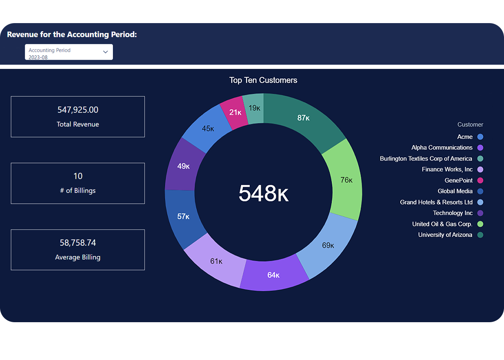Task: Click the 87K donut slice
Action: (x=304, y=118)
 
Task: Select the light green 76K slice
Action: (x=346, y=180)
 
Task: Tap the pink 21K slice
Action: (x=235, y=112)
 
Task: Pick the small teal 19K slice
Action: (x=254, y=108)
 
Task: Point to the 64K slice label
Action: (x=273, y=275)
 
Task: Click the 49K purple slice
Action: (x=184, y=166)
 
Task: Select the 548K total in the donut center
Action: (x=263, y=193)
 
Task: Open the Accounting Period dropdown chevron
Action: (x=105, y=52)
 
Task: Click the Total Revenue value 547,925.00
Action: (x=78, y=110)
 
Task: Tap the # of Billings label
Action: (x=78, y=191)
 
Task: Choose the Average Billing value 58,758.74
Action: (x=78, y=243)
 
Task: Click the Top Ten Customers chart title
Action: (x=263, y=80)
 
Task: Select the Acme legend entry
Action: (x=465, y=137)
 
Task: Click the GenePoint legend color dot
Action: (x=480, y=181)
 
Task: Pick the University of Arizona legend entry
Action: (x=445, y=235)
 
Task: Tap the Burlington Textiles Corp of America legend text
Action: (x=426, y=159)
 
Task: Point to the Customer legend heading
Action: (x=470, y=124)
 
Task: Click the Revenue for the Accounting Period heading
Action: (x=72, y=34)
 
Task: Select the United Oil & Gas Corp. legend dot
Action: (x=480, y=224)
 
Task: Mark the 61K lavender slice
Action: (x=216, y=261)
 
